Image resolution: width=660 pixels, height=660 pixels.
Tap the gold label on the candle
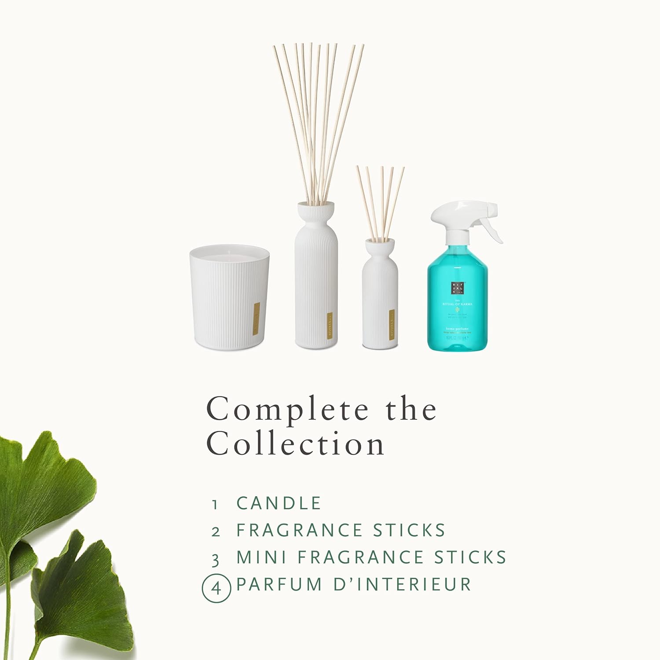pyautogui.click(x=256, y=319)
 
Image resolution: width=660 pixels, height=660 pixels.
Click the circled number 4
pyautogui.click(x=216, y=587)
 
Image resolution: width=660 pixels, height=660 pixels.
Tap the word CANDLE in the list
pyautogui.click(x=279, y=503)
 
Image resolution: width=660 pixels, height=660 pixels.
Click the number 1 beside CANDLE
pyautogui.click(x=215, y=505)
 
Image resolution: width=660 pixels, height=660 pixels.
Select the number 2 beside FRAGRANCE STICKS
pyautogui.click(x=215, y=532)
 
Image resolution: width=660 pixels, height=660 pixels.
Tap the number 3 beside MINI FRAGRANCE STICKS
pyautogui.click(x=215, y=560)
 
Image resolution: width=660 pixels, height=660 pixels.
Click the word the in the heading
pyautogui.click(x=411, y=409)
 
